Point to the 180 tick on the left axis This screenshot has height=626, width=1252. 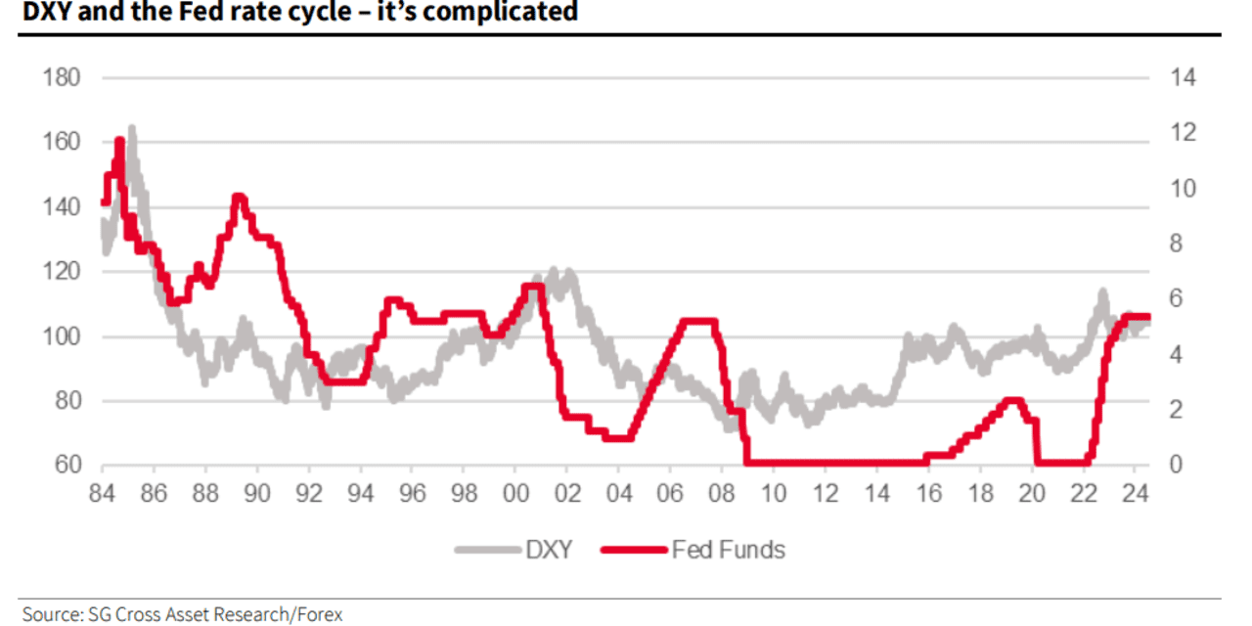(x=62, y=77)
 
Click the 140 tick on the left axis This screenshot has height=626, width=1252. (x=62, y=206)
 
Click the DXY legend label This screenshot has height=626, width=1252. (x=549, y=550)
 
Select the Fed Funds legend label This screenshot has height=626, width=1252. (x=728, y=550)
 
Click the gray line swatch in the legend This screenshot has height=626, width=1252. (x=486, y=550)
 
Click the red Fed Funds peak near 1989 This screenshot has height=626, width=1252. (x=238, y=199)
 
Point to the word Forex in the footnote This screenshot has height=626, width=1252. (x=317, y=614)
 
